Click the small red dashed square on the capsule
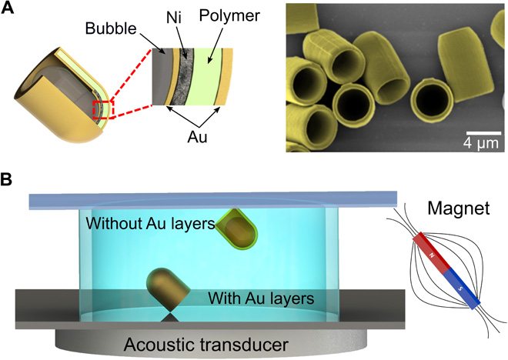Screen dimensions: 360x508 (x=102, y=110)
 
